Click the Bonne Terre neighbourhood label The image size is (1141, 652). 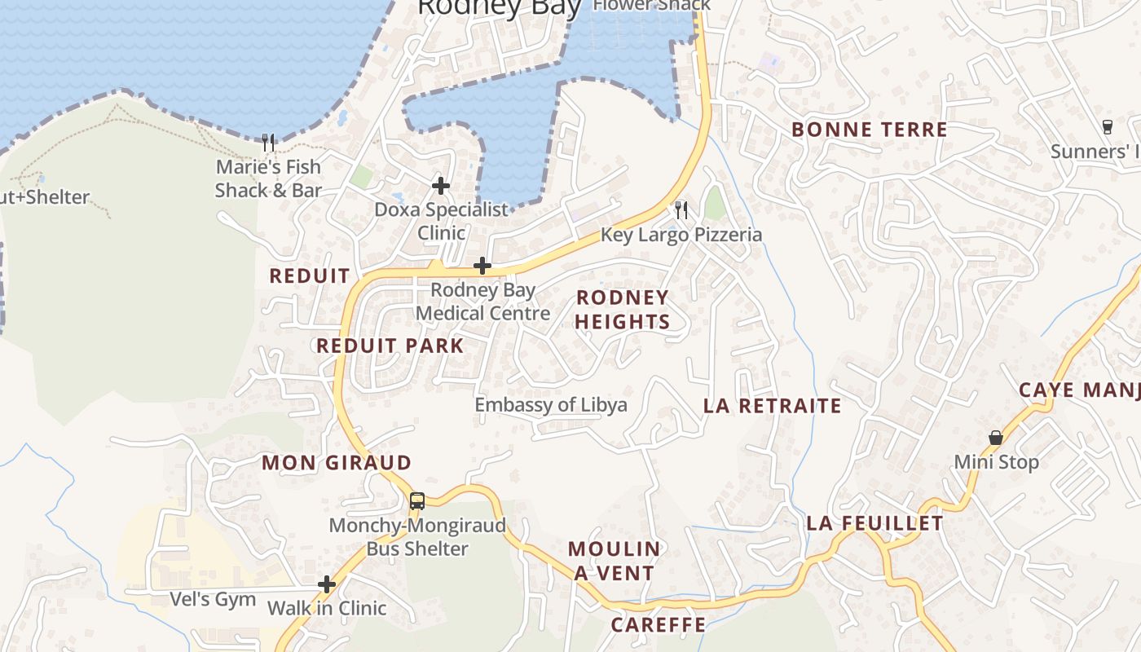(869, 130)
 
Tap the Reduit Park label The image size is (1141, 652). (390, 346)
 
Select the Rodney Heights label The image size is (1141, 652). (623, 310)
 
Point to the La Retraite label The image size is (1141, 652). (772, 406)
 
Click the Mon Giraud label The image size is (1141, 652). (337, 463)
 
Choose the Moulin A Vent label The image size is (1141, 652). (615, 561)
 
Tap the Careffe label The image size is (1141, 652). (658, 625)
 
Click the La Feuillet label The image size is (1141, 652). (874, 523)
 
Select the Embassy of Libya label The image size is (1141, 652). (551, 405)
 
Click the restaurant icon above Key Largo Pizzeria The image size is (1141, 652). (681, 210)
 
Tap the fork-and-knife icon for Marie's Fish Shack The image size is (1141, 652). (268, 143)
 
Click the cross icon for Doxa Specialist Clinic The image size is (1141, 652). (441, 186)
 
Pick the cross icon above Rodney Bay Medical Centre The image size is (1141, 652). (482, 266)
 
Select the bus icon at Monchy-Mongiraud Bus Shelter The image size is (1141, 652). (416, 501)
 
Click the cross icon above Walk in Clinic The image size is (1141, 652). (327, 584)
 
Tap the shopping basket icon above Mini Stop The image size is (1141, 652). (996, 438)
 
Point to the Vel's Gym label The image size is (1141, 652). (213, 600)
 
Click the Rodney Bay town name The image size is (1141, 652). (499, 8)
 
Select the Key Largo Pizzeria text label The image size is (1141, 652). (681, 235)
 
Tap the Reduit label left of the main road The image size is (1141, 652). (309, 275)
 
